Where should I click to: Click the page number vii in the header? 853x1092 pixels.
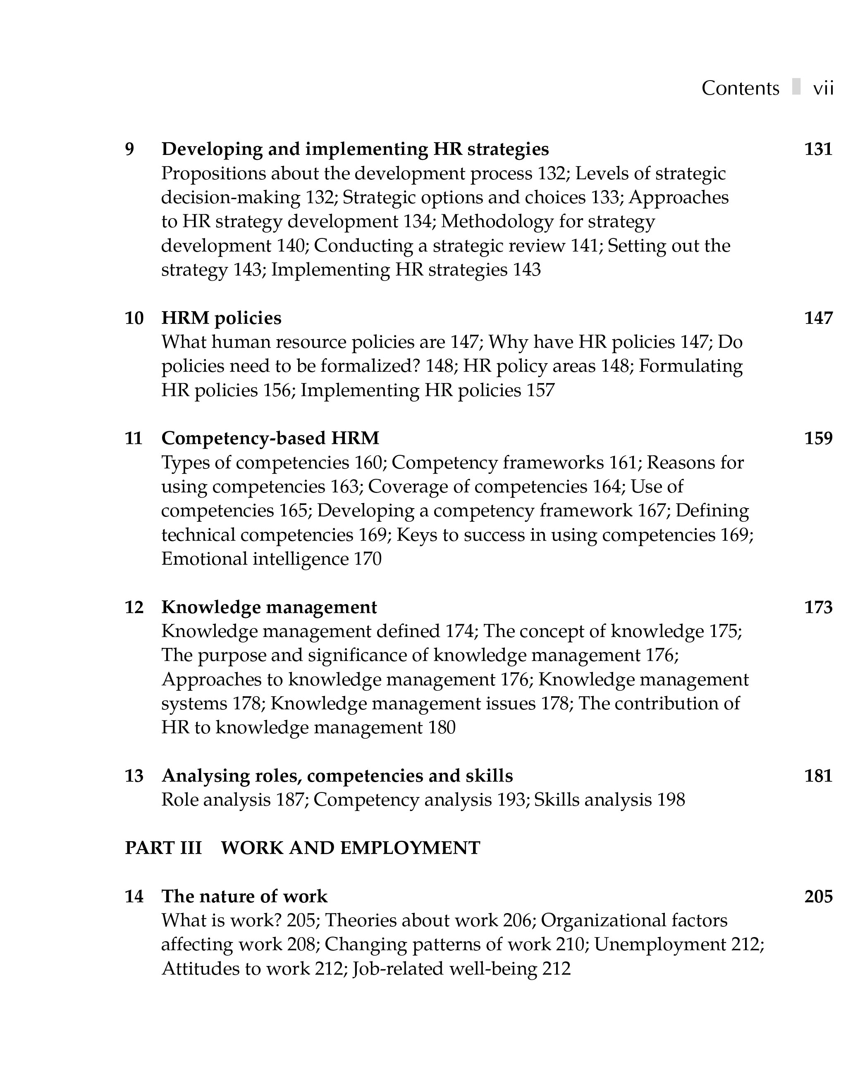point(823,88)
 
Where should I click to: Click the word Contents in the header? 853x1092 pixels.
point(740,88)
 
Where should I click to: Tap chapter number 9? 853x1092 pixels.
point(129,149)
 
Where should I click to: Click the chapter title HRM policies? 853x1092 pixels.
point(221,318)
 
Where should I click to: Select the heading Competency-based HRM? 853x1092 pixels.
point(270,438)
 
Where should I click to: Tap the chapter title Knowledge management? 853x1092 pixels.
point(269,607)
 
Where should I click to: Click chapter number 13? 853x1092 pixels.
point(134,776)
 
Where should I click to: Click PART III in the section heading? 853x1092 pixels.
point(163,848)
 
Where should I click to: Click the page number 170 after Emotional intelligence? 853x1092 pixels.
point(368,559)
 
